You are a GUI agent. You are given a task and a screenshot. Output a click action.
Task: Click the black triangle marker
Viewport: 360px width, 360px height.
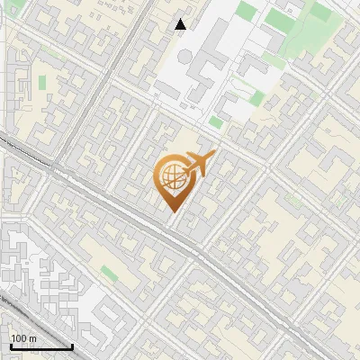coord(181,24)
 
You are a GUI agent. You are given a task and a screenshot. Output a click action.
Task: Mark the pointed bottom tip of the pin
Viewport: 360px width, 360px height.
coord(171,212)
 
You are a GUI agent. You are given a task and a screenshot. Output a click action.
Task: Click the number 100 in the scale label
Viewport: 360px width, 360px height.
coord(18,338)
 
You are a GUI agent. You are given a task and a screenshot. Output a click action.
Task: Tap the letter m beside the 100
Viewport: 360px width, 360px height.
coord(31,338)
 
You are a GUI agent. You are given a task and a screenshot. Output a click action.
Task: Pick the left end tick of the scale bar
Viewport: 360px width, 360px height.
coord(10,346)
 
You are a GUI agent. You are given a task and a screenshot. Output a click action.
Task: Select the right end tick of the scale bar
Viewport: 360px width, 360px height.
coord(72,346)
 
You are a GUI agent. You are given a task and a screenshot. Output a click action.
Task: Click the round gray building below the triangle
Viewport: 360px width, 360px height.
coord(184,56)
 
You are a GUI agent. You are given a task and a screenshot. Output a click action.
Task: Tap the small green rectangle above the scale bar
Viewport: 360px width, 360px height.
coord(109,272)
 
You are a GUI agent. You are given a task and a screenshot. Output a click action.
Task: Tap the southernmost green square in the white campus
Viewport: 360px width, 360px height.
coord(215,121)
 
